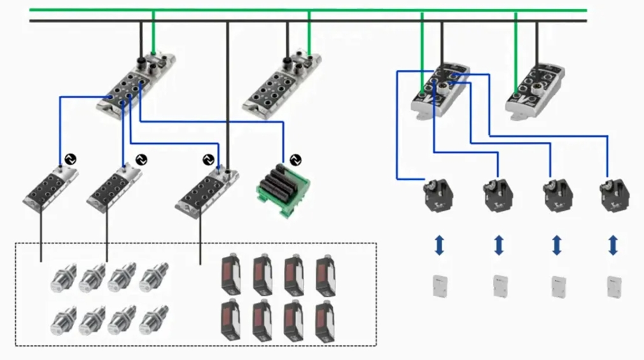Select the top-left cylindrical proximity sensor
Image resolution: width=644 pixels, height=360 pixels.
(64, 277)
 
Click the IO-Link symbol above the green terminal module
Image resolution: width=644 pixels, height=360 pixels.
(294, 159)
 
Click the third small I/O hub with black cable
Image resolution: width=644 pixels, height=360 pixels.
(207, 188)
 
